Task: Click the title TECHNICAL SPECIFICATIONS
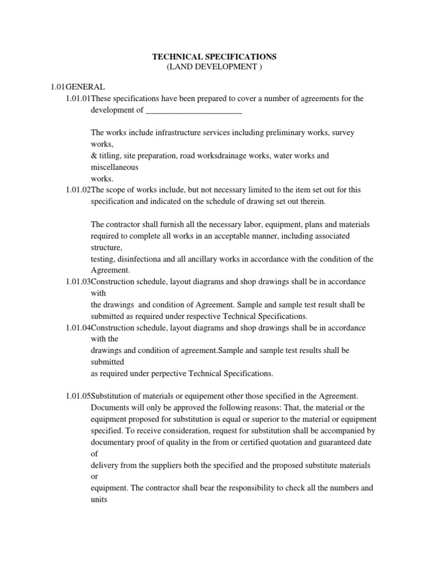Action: tap(214, 57)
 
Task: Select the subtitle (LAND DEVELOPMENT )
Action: tap(214, 68)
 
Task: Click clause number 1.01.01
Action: tap(78, 99)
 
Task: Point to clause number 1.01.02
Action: tap(78, 190)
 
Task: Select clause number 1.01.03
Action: tap(78, 282)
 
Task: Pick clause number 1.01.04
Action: tap(78, 327)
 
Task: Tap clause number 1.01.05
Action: tap(78, 396)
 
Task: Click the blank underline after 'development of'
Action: tap(193, 110)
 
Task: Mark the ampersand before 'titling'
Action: tap(94, 156)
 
